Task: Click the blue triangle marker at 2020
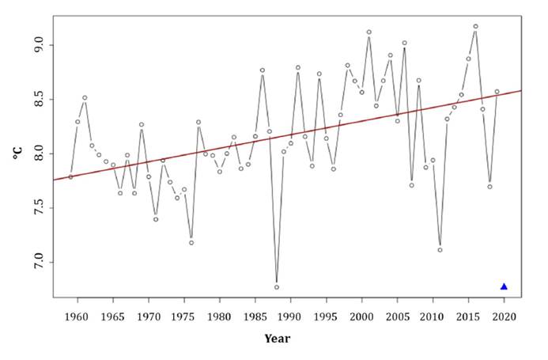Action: pos(504,286)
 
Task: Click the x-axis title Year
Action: pos(277,339)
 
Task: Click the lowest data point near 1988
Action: pos(276,287)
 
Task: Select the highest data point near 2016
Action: pos(475,26)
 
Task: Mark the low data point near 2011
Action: pos(440,250)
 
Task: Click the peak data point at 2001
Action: pos(368,32)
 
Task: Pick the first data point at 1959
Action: pos(70,176)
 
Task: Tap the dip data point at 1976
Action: pos(191,242)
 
